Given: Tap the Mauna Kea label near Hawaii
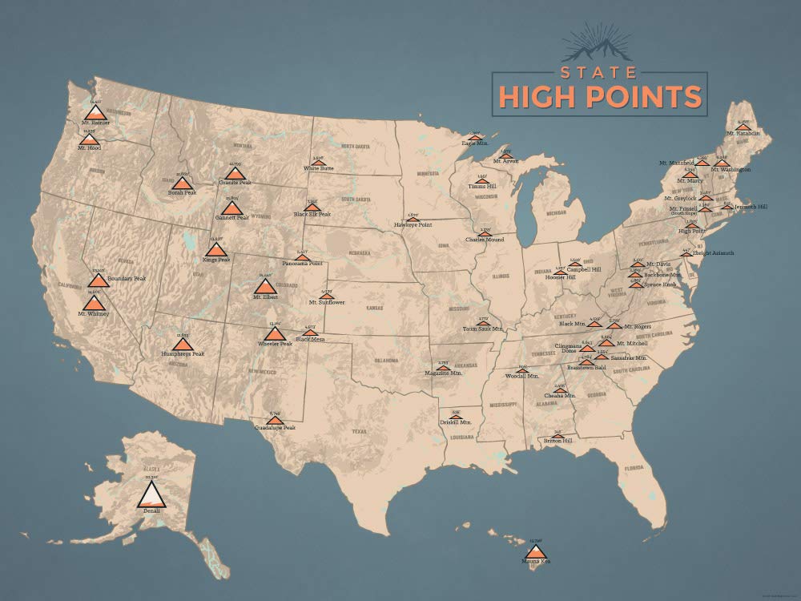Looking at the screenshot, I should (537, 561).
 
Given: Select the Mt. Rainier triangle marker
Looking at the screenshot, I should (95, 112).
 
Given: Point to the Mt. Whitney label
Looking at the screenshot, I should (94, 313).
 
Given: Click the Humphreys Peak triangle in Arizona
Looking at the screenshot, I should (183, 344).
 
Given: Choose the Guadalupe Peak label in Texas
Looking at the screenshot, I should (276, 428).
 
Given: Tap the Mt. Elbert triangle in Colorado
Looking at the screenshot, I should (264, 286).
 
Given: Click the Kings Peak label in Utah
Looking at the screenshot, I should (215, 260).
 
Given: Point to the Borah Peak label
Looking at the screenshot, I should (182, 192).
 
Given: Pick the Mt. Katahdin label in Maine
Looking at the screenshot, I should (743, 133).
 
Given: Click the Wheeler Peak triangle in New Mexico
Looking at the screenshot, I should (274, 333).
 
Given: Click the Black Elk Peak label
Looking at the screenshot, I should (312, 214).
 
